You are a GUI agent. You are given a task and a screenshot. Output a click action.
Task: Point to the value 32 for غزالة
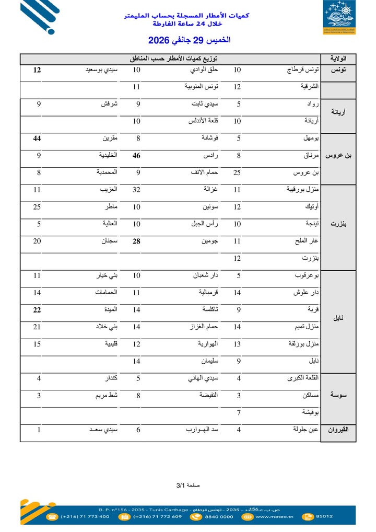[x=136, y=190]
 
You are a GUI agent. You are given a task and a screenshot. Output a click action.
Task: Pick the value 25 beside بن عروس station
[x=237, y=172]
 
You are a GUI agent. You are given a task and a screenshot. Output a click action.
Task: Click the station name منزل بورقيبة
[x=302, y=190]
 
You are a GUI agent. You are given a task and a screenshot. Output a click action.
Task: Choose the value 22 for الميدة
[x=37, y=310]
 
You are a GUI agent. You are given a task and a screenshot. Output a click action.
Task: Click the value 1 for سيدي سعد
[x=39, y=430]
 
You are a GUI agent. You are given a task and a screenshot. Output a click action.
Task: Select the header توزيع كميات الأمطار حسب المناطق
[x=174, y=59]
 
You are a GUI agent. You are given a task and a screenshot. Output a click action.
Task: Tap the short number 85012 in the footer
[x=324, y=516]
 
